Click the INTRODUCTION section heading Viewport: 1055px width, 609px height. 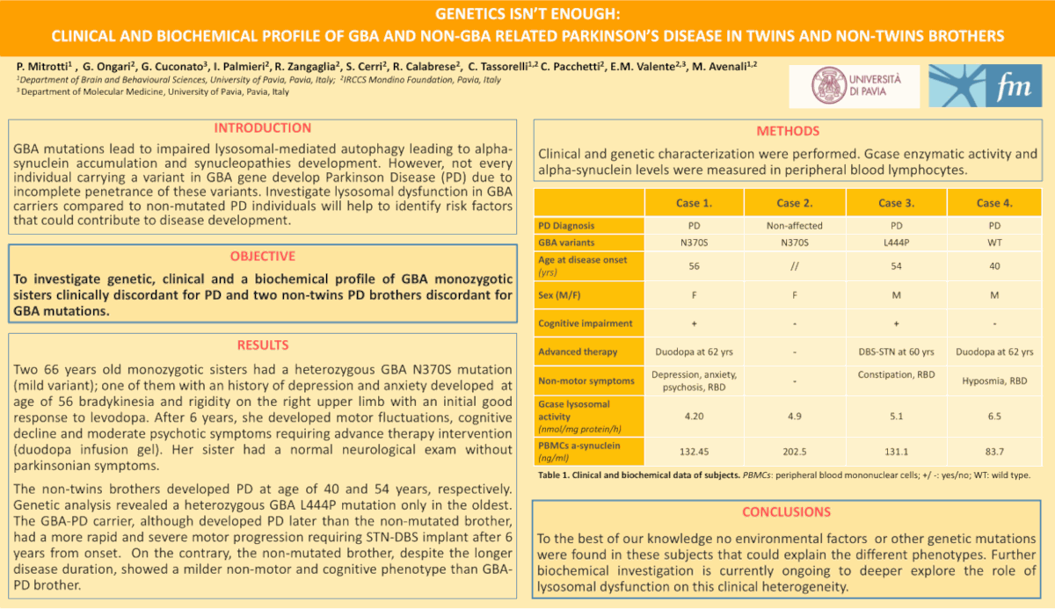262,128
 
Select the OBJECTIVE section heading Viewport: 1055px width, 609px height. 262,257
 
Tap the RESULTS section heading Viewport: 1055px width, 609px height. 262,345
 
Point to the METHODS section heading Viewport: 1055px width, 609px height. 788,132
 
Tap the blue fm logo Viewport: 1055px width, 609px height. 985,85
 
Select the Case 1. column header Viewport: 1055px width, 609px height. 694,203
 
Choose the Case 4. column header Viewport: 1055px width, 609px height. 994,203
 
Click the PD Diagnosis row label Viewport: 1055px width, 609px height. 567,226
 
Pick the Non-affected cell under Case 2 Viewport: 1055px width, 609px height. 794,226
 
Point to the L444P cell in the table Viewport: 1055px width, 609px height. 896,243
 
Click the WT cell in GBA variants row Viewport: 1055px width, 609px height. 994,243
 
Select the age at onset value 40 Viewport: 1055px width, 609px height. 994,265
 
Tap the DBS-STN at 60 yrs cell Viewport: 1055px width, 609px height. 896,352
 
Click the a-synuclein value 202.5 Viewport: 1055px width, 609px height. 794,452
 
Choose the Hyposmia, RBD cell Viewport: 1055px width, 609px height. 994,381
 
